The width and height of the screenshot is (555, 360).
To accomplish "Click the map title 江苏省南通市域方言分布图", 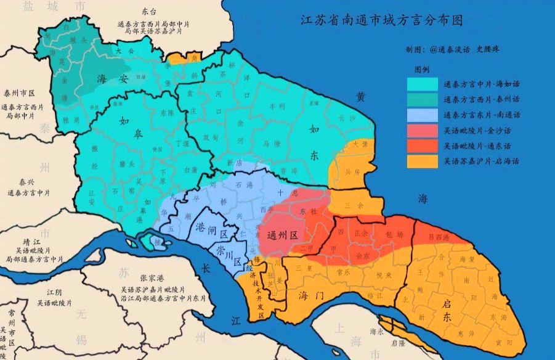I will [381, 20].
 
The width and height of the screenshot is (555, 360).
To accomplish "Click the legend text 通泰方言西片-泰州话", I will [481, 99].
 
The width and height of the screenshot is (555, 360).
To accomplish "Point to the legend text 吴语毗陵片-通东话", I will [481, 146].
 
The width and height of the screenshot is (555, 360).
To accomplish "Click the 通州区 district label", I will [283, 235].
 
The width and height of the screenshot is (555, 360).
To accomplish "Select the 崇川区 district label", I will [229, 250].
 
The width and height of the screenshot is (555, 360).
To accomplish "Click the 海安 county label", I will [113, 78].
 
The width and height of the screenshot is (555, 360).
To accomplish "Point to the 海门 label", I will [311, 296].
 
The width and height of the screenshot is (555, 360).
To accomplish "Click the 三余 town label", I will [355, 205].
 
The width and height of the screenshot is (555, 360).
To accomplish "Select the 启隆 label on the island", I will [394, 342].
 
